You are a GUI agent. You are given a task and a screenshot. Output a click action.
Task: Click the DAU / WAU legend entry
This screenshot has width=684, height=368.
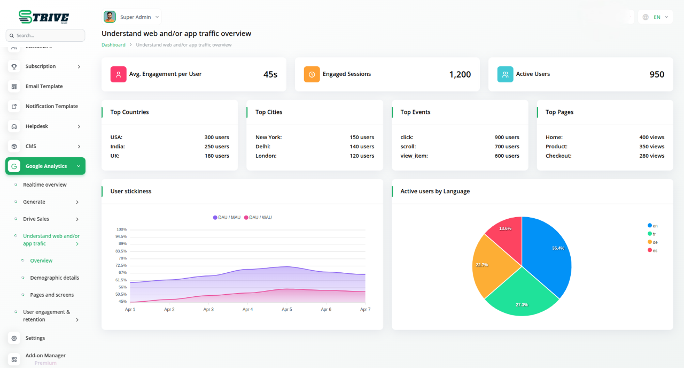point(258,217)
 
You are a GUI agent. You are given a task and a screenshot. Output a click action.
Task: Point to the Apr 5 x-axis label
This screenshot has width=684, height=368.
point(287,310)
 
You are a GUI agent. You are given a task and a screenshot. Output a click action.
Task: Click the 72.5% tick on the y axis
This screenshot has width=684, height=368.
point(121,265)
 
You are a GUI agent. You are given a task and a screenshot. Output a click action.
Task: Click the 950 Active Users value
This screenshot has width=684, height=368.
point(657,74)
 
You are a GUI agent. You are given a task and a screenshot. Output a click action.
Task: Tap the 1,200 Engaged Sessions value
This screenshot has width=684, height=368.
point(460,74)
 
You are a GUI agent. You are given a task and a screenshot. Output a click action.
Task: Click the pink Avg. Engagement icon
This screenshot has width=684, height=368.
point(118,74)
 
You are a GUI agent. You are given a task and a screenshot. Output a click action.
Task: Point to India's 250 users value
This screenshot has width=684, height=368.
point(216,147)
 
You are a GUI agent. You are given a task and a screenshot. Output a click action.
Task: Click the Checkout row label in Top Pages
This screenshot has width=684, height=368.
point(558,156)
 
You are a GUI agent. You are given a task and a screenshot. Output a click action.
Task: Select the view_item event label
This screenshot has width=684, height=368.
point(414,156)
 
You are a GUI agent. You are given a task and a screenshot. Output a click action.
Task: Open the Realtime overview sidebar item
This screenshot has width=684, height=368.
point(45,185)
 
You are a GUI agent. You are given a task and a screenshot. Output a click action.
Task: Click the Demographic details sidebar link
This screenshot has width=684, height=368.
point(55,278)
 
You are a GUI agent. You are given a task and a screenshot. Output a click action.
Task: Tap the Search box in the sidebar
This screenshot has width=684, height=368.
point(45,35)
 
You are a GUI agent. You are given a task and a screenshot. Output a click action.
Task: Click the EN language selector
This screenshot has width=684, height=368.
point(655,17)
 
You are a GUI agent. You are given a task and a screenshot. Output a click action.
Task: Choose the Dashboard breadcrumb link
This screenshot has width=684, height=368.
point(113,45)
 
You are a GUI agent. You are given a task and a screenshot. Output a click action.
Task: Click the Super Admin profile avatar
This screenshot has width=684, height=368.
point(110,17)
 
